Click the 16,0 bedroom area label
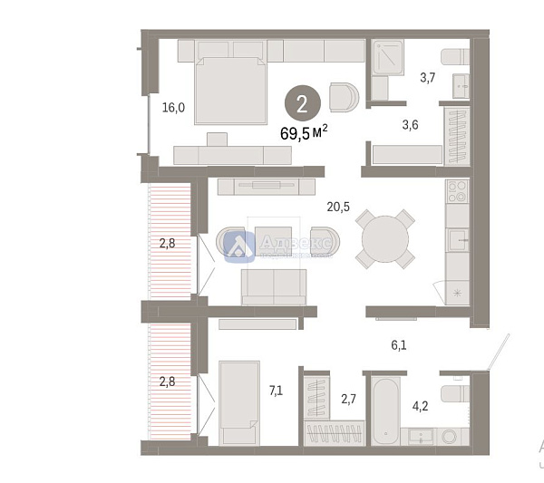pos(173,107)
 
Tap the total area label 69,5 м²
pos(304,133)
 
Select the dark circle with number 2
pos(301,101)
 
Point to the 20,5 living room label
pos(339,206)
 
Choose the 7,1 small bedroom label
pos(277,391)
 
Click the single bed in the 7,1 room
pos(240,401)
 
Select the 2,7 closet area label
pos(348,397)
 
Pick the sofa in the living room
pos(274,286)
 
